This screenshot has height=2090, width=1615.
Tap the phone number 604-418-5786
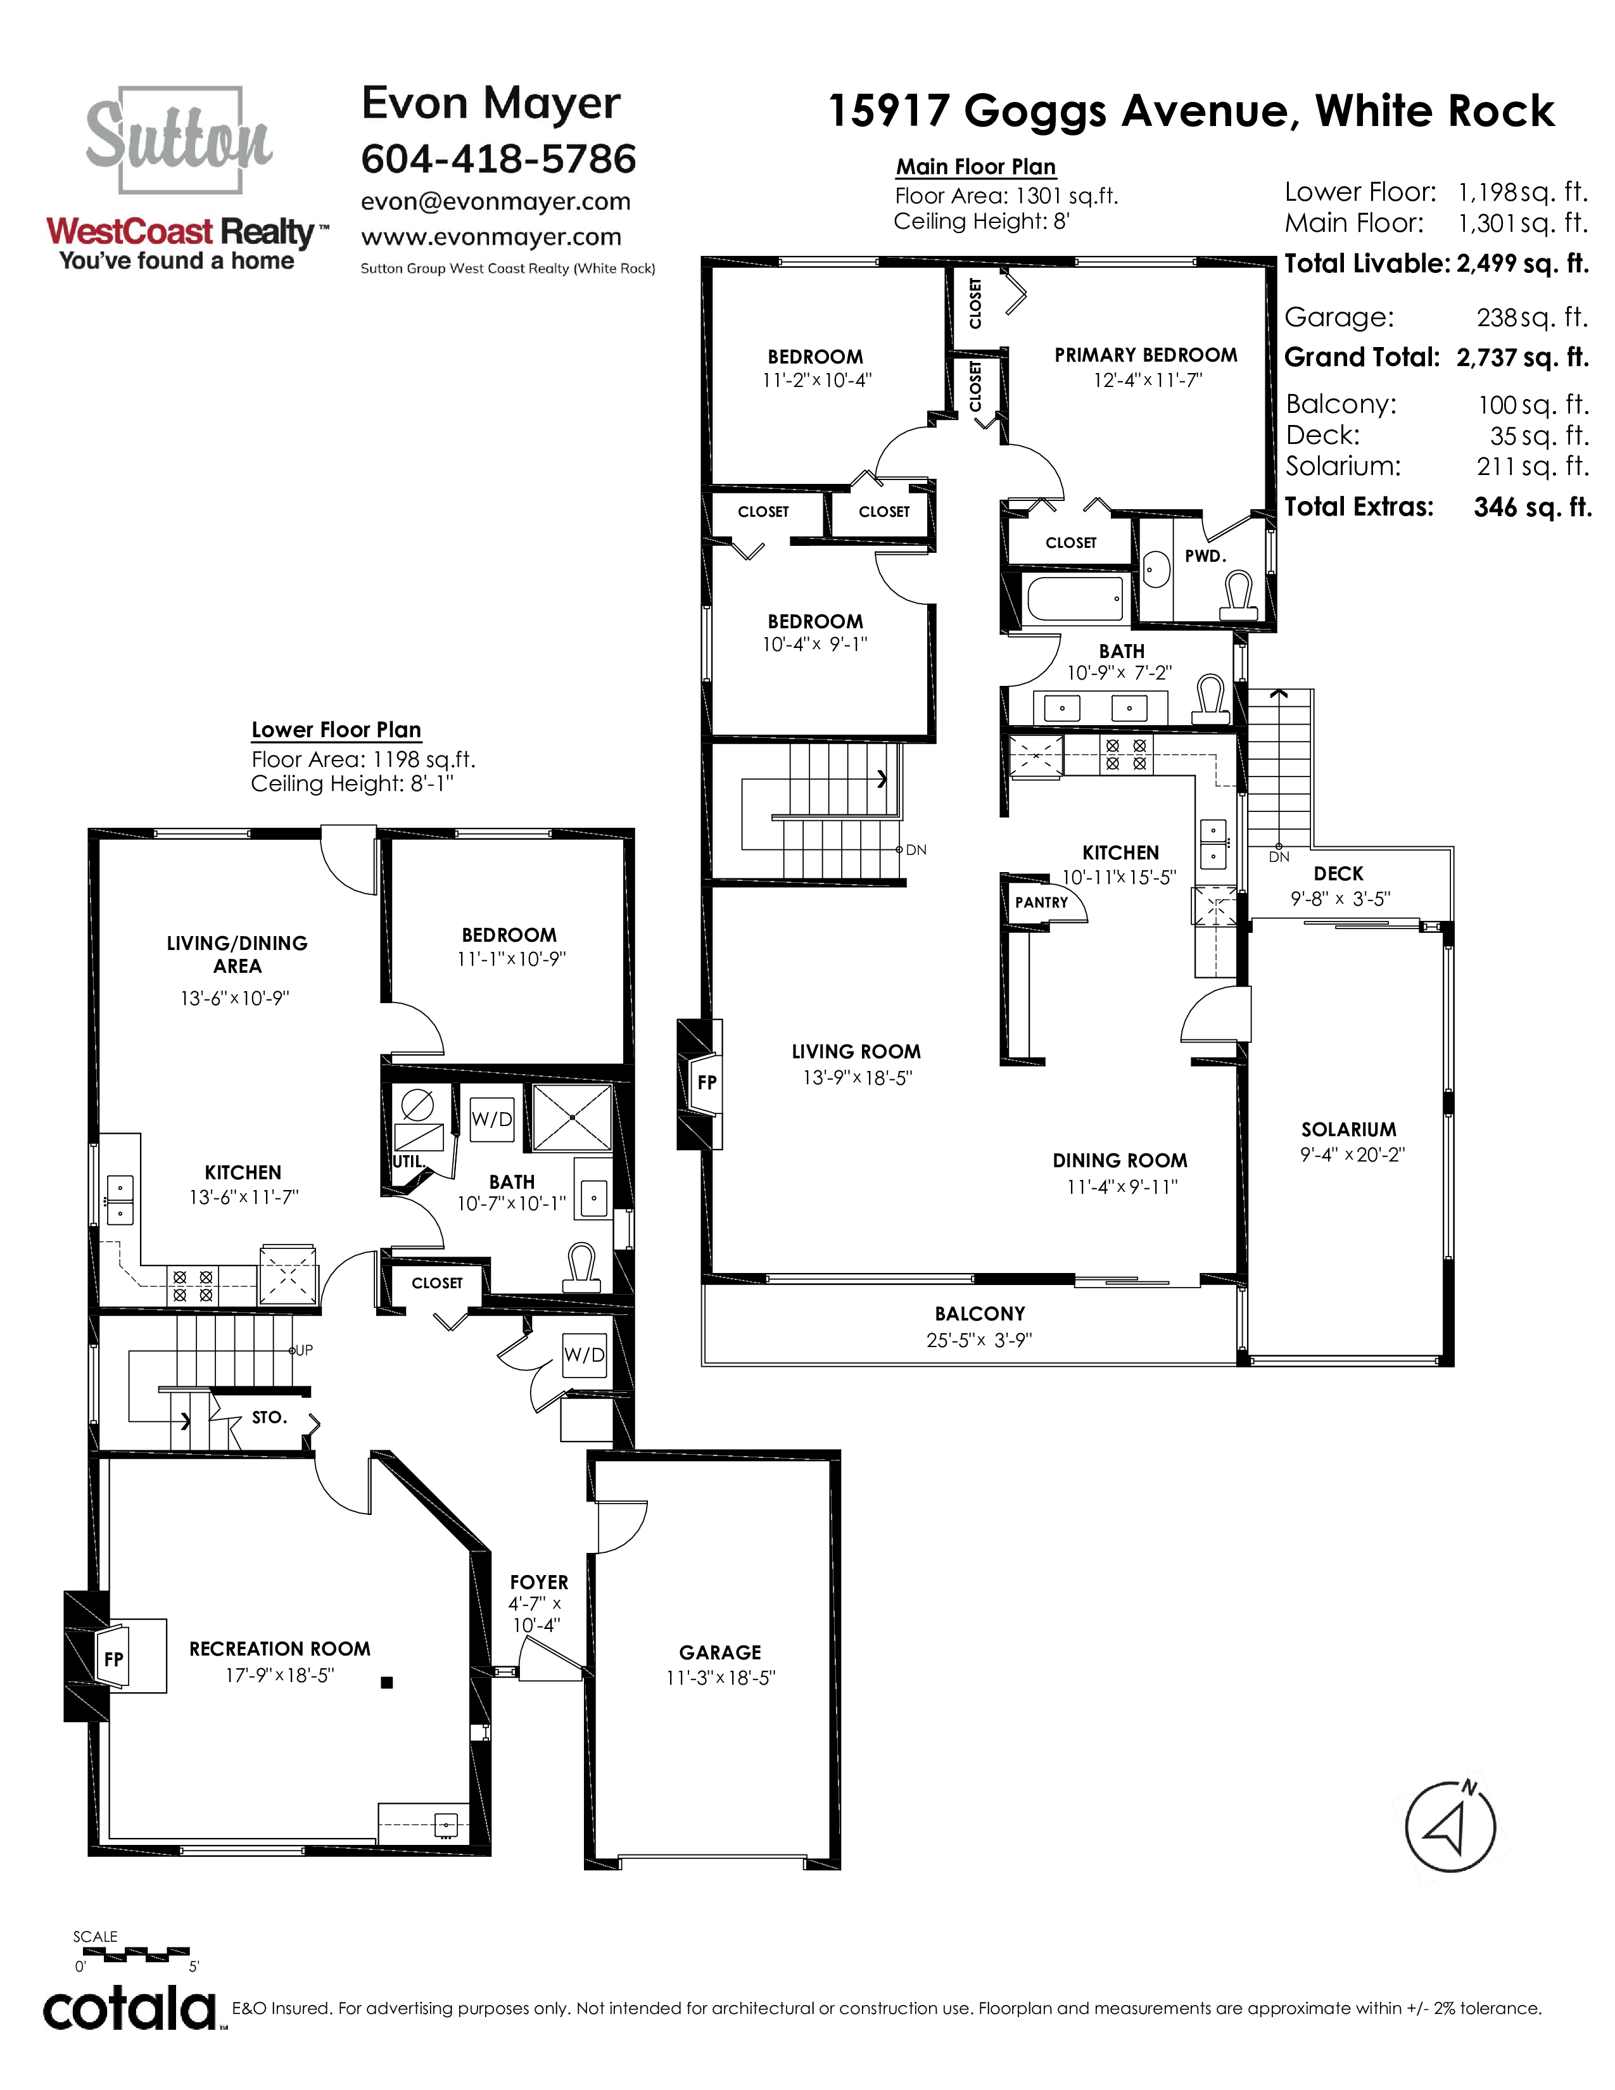[498, 159]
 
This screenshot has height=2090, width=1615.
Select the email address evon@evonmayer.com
[496, 202]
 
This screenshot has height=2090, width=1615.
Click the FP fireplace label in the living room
[707, 1082]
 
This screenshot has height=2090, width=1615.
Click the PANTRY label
[1042, 902]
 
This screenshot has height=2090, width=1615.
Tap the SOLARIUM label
[1349, 1129]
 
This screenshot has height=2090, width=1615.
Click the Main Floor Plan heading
[976, 167]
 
